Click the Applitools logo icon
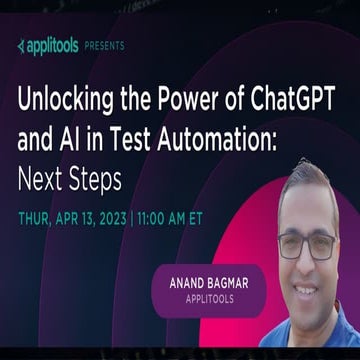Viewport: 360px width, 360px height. [22, 46]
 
